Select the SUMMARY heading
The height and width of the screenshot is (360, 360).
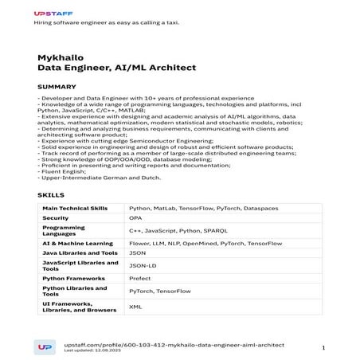click(57, 85)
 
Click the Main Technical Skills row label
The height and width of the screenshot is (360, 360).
click(75, 207)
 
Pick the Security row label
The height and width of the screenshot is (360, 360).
click(56, 217)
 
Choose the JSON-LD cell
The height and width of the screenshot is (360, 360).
click(140, 265)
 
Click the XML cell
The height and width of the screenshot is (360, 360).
click(135, 305)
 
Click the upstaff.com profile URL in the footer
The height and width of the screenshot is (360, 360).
click(172, 345)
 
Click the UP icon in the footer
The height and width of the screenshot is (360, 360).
click(45, 346)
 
